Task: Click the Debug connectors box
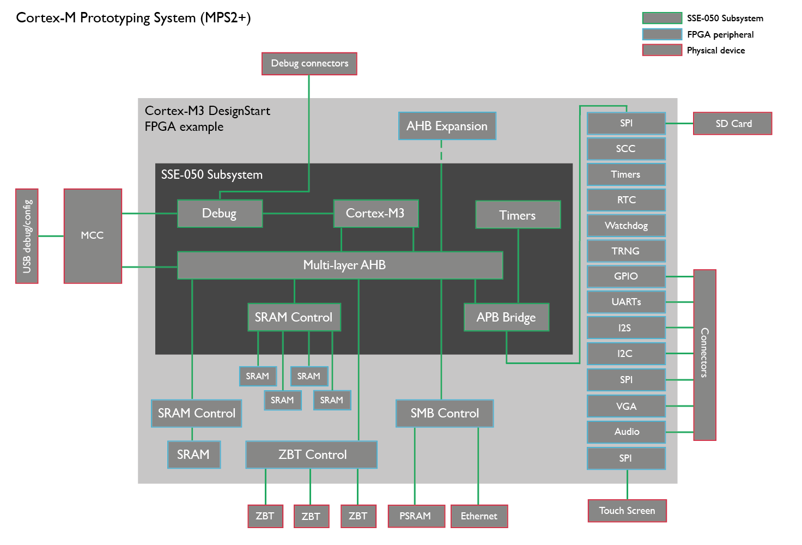[309, 64]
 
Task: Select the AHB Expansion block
[447, 126]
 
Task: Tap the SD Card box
[733, 124]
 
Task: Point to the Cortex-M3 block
[375, 213]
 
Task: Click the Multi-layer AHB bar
[340, 265]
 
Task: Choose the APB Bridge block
[506, 317]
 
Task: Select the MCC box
[93, 235]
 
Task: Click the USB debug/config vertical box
[27, 236]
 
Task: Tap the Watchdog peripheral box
[626, 226]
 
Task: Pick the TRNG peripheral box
[626, 251]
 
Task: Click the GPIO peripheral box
[626, 276]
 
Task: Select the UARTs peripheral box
[626, 302]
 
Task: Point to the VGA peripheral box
[626, 406]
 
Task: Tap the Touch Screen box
[627, 511]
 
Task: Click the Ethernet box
[479, 516]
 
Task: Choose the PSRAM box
[415, 516]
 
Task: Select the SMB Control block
[445, 414]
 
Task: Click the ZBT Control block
[312, 455]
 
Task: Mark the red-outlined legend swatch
[662, 50]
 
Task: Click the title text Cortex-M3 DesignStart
[207, 111]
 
